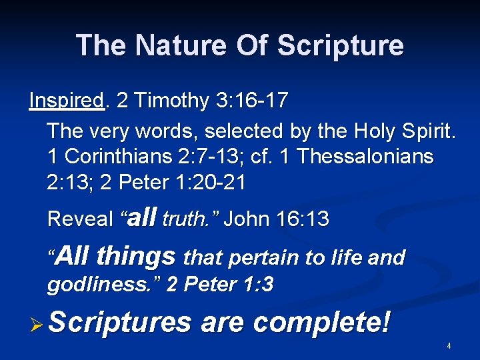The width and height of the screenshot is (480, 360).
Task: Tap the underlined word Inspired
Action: tap(67, 101)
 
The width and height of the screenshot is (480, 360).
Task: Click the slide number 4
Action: tap(449, 346)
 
